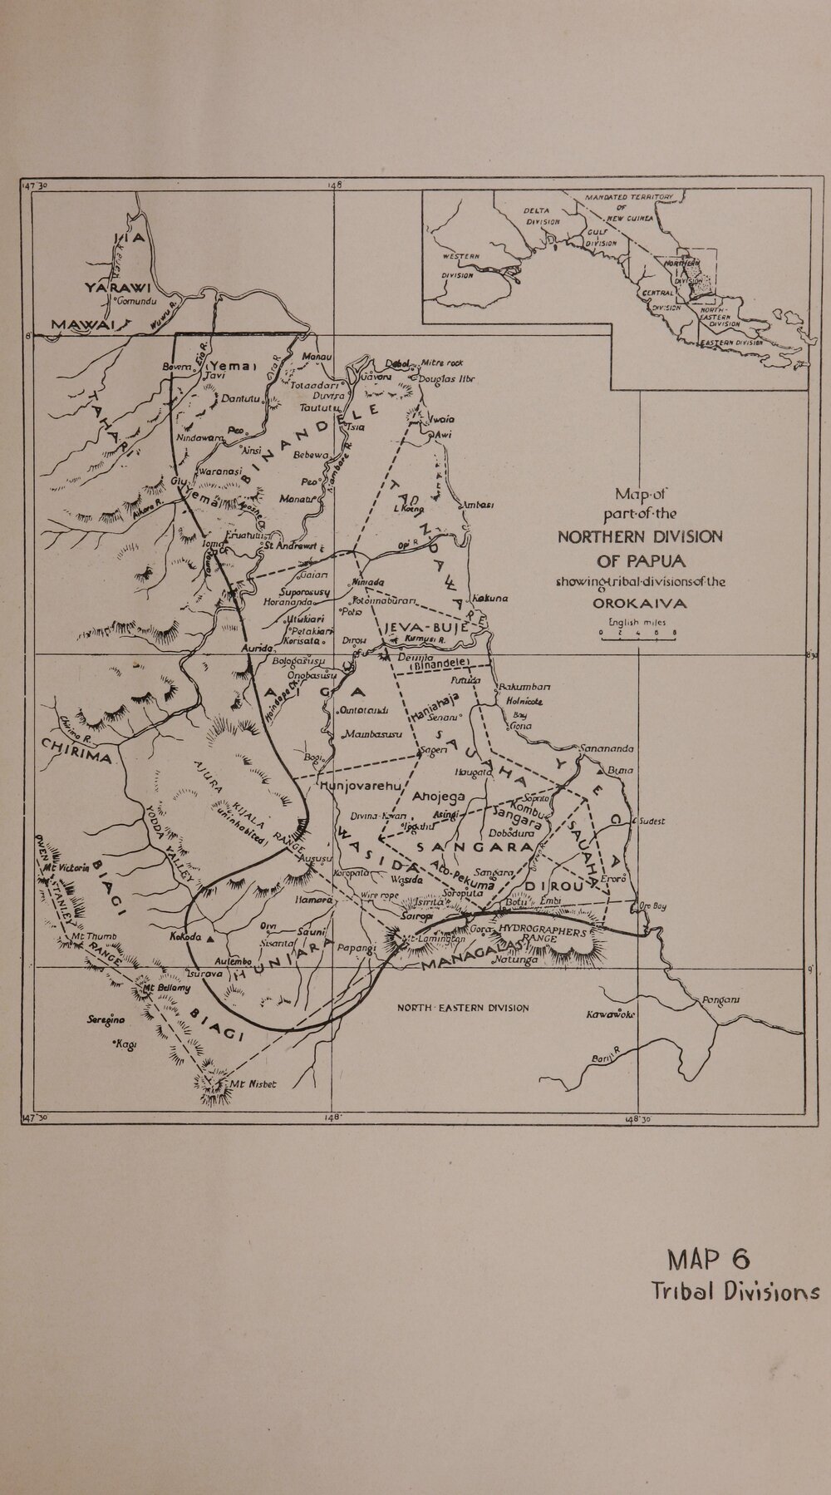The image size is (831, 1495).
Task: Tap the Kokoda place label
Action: pyautogui.click(x=182, y=937)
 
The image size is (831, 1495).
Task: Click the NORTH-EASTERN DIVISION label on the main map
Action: pyautogui.click(x=462, y=1008)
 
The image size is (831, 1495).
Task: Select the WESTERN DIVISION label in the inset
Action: pyautogui.click(x=458, y=265)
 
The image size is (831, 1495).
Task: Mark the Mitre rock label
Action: pyautogui.click(x=441, y=363)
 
